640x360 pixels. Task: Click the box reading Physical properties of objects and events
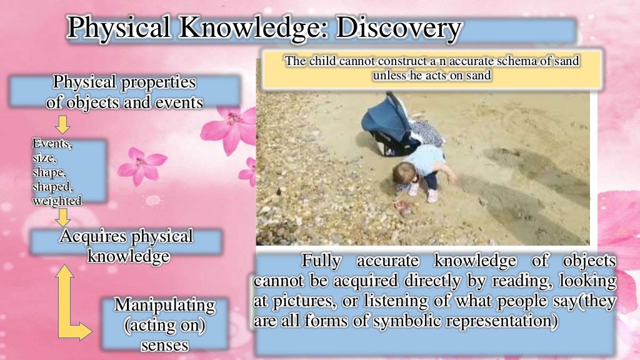(x=124, y=92)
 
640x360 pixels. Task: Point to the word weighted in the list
(x=56, y=201)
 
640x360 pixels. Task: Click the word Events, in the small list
(x=52, y=145)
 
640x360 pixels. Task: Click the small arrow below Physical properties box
(x=62, y=124)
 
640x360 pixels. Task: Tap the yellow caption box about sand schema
(x=432, y=69)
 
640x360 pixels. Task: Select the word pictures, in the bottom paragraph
(x=306, y=301)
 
